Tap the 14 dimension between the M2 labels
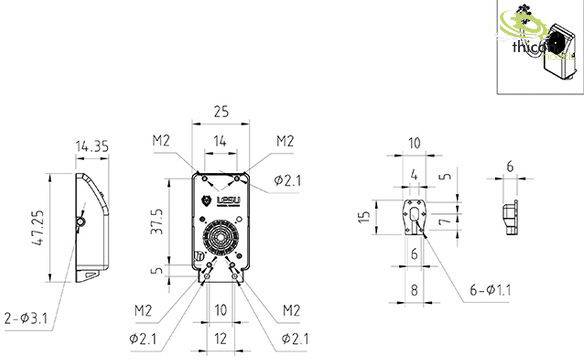[218, 143]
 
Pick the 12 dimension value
[218, 339]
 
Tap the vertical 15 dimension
[364, 216]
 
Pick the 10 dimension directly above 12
[218, 310]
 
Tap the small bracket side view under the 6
[511, 216]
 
